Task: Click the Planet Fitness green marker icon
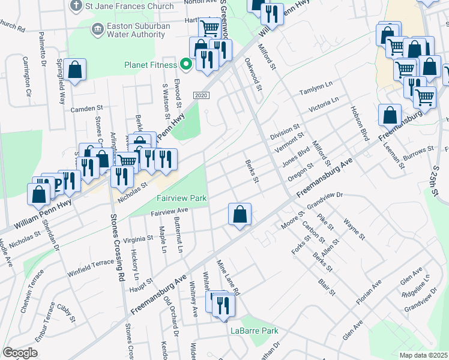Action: point(186,65)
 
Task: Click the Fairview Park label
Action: point(181,198)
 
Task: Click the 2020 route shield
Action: point(202,95)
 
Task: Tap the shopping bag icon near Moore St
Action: point(240,214)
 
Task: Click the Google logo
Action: point(20,353)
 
